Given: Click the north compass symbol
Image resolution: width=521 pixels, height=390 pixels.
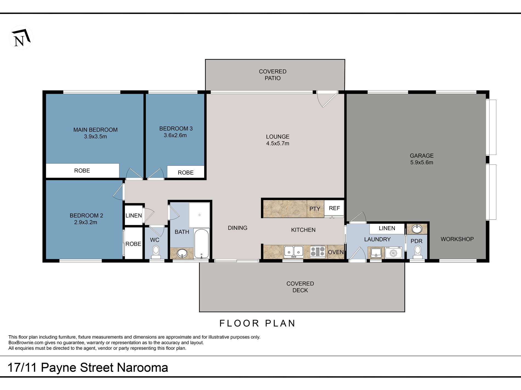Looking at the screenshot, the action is coord(21,37).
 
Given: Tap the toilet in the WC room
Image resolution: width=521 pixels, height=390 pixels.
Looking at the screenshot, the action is coord(156,252).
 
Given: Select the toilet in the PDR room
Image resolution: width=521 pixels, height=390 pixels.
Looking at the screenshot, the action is coord(417,252).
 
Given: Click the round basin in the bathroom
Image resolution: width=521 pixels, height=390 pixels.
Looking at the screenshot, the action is coord(182,253).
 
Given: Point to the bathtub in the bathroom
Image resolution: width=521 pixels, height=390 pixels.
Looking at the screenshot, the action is coord(202,244).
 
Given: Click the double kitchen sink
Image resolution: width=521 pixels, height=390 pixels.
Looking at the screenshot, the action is coord(293,252).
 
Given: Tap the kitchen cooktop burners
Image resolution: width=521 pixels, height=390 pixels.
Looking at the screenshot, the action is coord(318,252).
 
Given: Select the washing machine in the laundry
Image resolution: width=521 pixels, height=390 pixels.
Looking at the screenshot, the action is coord(393,253).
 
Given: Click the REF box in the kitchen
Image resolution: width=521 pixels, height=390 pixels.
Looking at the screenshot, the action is coord(334,209).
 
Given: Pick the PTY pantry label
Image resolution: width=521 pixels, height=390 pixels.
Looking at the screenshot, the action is coord(315,209).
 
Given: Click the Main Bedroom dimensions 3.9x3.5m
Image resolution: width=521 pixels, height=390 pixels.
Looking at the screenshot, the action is coord(95,137).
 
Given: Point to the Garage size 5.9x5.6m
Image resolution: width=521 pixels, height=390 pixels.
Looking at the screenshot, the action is coord(422,162).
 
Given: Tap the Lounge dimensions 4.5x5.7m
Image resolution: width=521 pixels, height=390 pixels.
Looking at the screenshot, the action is coord(278,143).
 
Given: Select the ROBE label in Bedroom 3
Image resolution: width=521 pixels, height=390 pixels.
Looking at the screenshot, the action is coord(186,173).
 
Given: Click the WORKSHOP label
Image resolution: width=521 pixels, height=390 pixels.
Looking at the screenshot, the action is coord(457,239).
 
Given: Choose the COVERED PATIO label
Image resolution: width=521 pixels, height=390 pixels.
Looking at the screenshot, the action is coord(273,75).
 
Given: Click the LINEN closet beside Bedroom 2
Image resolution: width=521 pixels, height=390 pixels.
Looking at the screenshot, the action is coord(134,215).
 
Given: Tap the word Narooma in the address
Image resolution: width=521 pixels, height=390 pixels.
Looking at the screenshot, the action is coord(143,368).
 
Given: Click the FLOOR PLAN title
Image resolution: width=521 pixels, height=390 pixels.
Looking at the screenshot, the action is coord(257,323).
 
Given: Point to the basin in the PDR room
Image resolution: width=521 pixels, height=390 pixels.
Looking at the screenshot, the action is coord(417,229).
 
